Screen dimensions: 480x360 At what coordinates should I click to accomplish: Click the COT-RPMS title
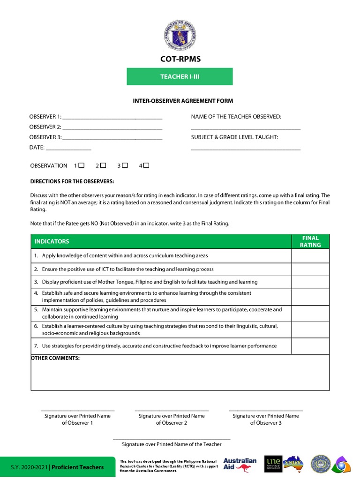point(180,59)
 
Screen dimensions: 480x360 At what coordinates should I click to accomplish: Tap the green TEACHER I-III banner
point(180,76)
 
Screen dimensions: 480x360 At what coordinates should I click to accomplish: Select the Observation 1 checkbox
point(82,165)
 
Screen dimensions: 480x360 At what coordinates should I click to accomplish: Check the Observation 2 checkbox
point(104,165)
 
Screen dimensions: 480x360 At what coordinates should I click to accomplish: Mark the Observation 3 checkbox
point(125,165)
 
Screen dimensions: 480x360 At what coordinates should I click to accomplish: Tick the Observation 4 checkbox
point(146,165)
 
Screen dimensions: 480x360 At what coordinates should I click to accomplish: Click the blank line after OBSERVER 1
point(112,118)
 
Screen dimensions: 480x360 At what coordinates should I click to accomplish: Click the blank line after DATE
point(68,148)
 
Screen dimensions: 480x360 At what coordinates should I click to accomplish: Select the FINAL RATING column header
point(310,241)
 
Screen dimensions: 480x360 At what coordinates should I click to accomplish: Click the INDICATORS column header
point(52,241)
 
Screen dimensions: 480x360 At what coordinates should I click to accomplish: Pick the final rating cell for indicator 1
point(310,256)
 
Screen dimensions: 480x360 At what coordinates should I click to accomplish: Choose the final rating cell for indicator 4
point(310,296)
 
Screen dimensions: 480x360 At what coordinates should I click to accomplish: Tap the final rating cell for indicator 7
point(310,346)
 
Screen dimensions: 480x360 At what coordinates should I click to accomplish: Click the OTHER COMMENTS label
point(55,358)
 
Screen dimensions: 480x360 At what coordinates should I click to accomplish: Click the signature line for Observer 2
point(172,410)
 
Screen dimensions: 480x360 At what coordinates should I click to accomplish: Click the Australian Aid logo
point(240,464)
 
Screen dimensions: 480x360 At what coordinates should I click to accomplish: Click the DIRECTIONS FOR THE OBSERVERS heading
point(72,181)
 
